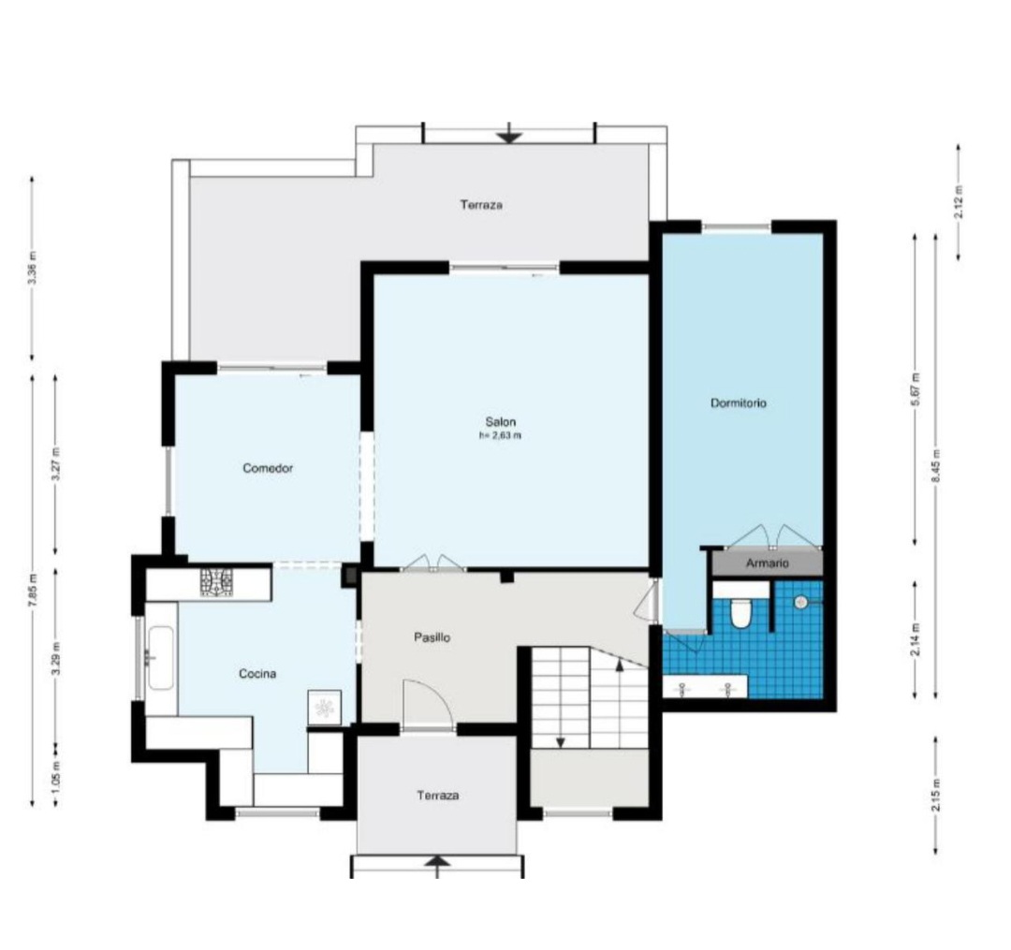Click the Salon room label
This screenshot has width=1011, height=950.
coord(500,421)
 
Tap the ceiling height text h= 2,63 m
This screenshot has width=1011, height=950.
coord(500,435)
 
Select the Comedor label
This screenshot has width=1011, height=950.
coord(269,468)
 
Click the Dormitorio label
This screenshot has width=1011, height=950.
coord(739,402)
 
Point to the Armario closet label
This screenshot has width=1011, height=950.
coord(767,563)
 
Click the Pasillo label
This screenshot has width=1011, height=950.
coord(432,637)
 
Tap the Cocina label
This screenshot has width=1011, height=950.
coord(256,673)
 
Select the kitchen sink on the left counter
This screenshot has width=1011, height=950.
coord(160,658)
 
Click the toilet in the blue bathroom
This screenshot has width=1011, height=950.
coord(740,613)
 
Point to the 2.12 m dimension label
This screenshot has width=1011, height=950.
coord(959,201)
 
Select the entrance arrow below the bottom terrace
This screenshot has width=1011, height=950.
coord(437,866)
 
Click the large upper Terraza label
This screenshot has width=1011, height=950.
coord(481,204)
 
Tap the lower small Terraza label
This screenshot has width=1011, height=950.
coord(437,796)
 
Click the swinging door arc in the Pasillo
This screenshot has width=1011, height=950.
coord(426,702)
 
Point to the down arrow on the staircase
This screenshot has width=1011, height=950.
coord(560,741)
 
